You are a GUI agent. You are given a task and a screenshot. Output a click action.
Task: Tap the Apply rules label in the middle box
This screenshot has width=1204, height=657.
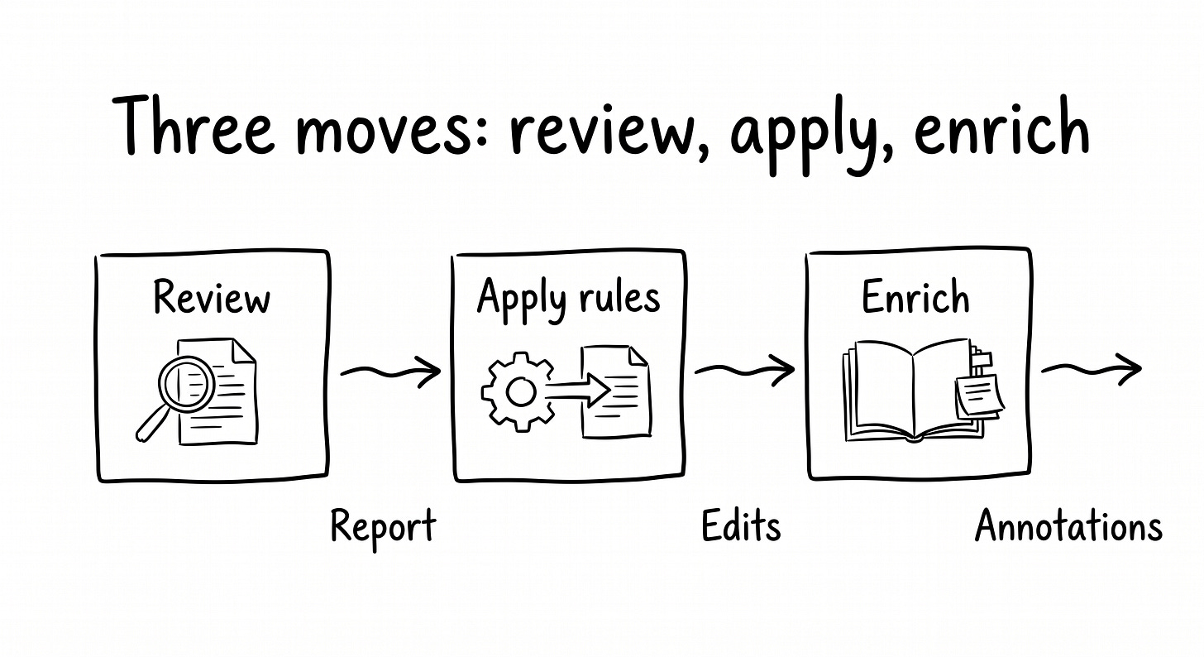click(568, 298)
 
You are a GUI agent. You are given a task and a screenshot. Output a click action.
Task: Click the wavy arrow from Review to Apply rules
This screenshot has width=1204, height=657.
click(390, 372)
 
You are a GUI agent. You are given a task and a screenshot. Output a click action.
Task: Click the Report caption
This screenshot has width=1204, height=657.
click(383, 526)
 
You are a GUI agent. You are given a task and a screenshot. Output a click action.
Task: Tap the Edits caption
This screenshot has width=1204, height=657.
click(741, 526)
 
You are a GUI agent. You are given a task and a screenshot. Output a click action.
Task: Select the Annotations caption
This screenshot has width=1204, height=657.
click(1068, 526)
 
